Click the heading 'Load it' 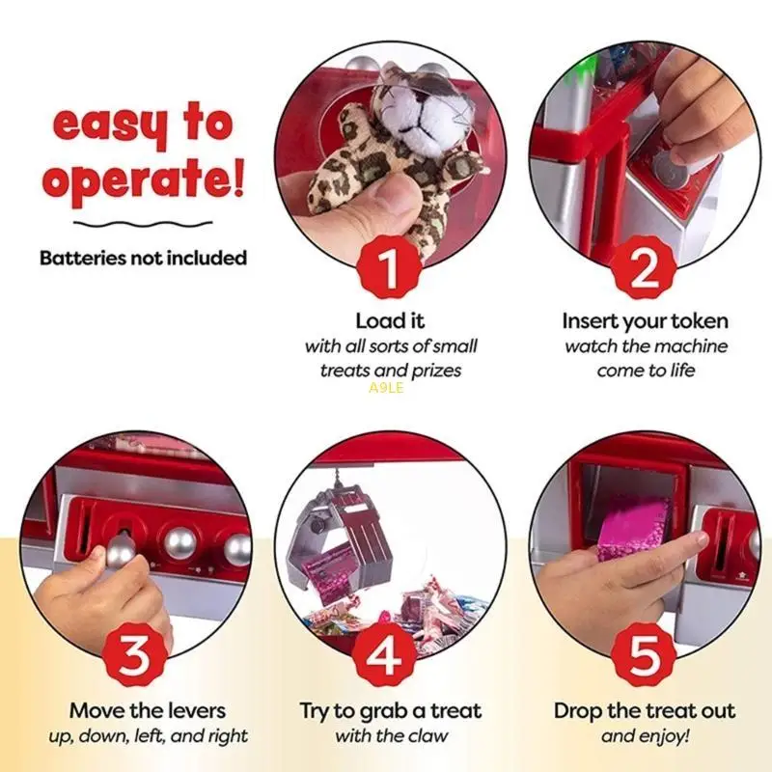(390, 320)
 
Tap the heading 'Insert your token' (645, 320)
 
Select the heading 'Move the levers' (147, 711)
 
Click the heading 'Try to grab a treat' (390, 711)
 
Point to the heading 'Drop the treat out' (645, 711)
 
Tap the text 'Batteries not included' (143, 258)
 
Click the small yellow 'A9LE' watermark (386, 389)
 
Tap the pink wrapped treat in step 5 (633, 528)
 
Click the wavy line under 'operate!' (143, 225)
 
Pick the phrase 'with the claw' (390, 736)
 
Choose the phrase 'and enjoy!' (645, 736)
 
